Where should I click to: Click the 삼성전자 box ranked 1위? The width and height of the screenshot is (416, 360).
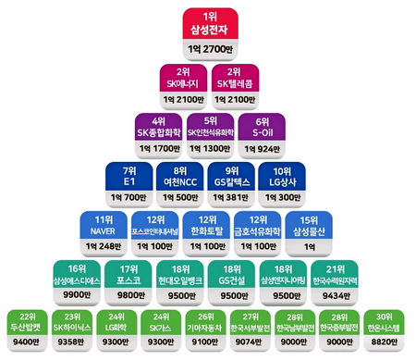pos(207,24)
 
